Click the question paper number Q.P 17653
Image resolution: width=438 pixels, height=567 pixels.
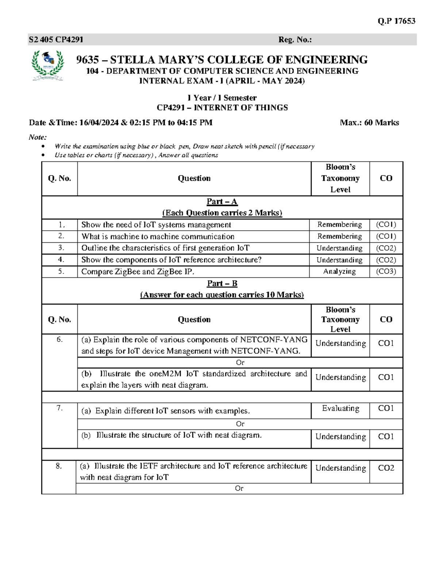[396, 21]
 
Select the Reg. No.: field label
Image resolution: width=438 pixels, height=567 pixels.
[295, 39]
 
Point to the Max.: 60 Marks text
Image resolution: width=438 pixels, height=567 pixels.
[369, 123]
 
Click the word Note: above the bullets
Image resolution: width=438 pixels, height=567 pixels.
[38, 137]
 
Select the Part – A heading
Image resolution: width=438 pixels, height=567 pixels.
[222, 202]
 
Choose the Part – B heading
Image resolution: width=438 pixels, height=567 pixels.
[222, 283]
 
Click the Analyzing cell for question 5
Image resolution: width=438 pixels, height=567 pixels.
[339, 271]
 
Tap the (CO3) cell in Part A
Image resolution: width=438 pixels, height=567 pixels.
[386, 271]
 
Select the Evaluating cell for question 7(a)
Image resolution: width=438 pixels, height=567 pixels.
[340, 408]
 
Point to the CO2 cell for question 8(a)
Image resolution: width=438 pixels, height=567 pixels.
[386, 468]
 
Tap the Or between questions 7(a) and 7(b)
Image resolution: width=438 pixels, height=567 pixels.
[240, 424]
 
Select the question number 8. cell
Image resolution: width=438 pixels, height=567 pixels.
[59, 466]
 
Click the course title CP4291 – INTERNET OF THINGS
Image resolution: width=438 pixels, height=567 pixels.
[222, 108]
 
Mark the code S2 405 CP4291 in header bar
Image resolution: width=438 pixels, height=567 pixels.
[56, 39]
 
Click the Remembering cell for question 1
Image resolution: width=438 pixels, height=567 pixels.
[339, 225]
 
